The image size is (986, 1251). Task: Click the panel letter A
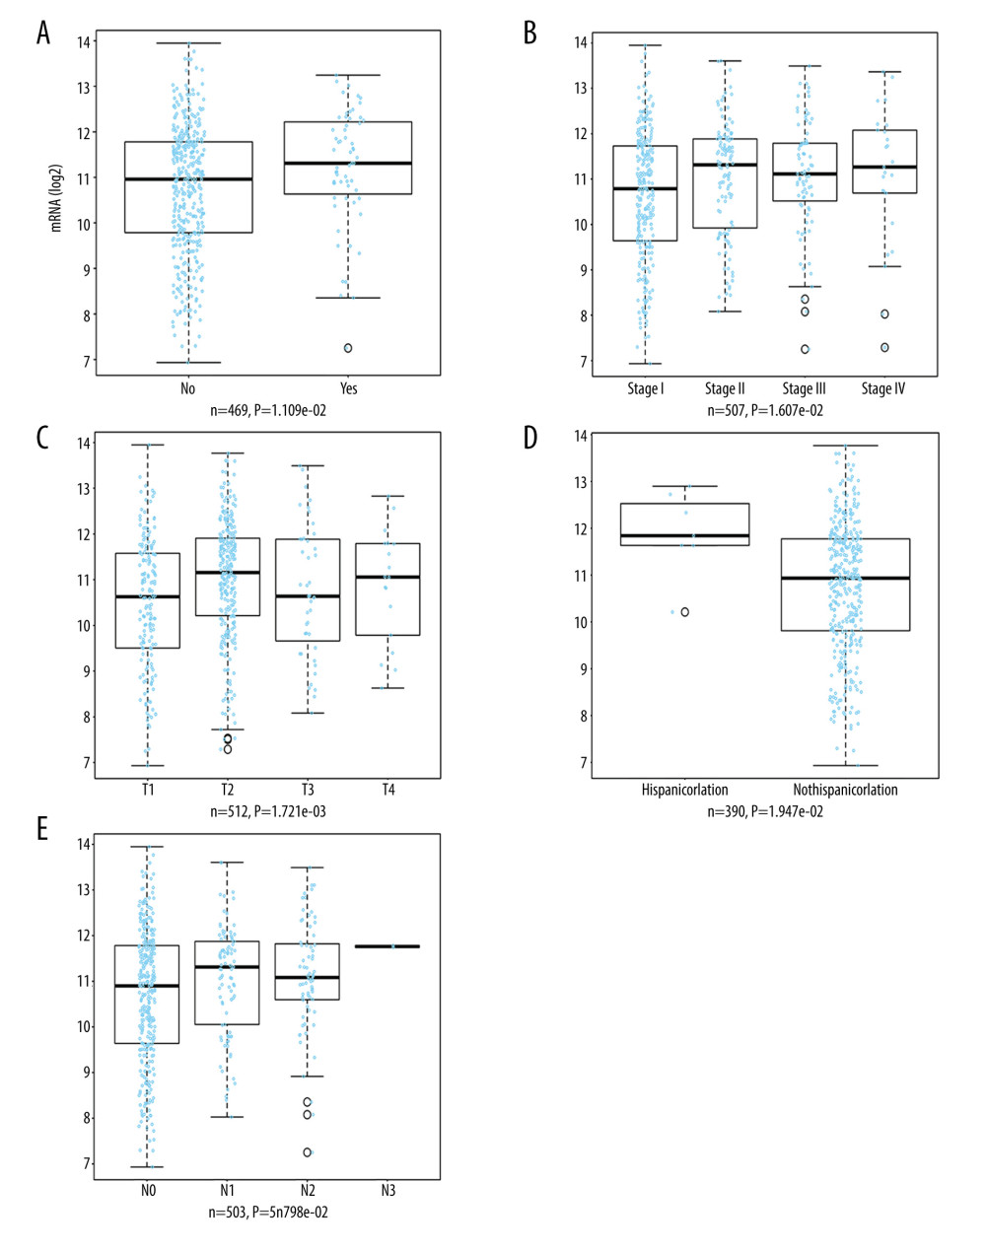(x=42, y=34)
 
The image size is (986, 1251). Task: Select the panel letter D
(x=530, y=437)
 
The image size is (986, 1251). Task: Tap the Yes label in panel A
(x=348, y=388)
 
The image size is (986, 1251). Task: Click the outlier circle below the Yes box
(x=348, y=348)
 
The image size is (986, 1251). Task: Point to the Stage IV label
(x=882, y=388)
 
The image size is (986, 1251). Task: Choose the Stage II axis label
(x=725, y=388)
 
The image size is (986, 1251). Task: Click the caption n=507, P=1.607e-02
(x=765, y=410)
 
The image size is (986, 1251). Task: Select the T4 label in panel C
(x=388, y=790)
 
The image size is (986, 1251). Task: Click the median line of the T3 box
(x=308, y=596)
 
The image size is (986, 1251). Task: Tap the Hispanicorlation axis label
(x=684, y=790)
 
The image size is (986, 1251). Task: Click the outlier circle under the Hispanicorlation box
(x=685, y=612)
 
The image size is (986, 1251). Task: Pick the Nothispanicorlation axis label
(x=845, y=790)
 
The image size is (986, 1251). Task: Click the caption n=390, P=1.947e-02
(x=765, y=811)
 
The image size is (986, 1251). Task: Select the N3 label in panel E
(x=388, y=1191)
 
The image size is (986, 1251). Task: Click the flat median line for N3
(x=387, y=946)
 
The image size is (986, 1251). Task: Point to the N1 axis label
(x=228, y=1191)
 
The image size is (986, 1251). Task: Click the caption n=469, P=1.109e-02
(x=268, y=410)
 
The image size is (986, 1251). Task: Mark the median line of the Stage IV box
(x=884, y=168)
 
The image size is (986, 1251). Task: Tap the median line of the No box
(x=188, y=179)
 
